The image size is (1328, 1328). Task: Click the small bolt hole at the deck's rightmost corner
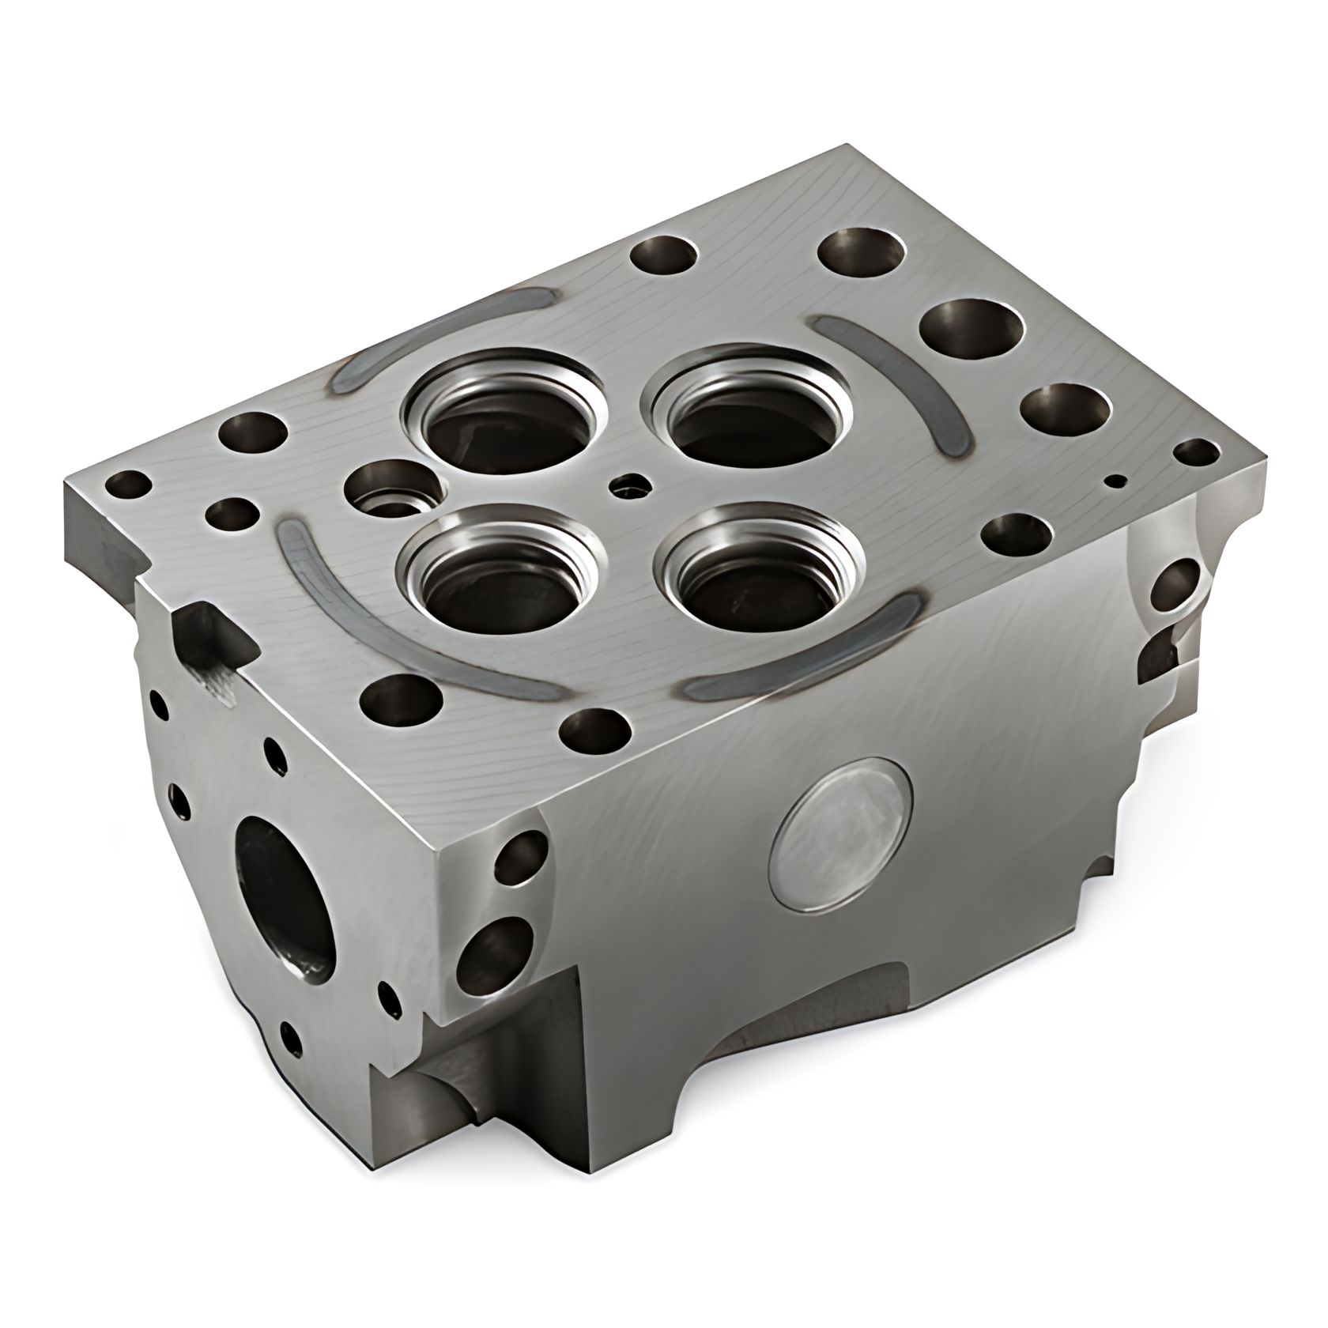[x=1196, y=453]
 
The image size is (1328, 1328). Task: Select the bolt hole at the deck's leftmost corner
[x=126, y=484]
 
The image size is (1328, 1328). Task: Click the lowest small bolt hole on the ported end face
[x=290, y=1036]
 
